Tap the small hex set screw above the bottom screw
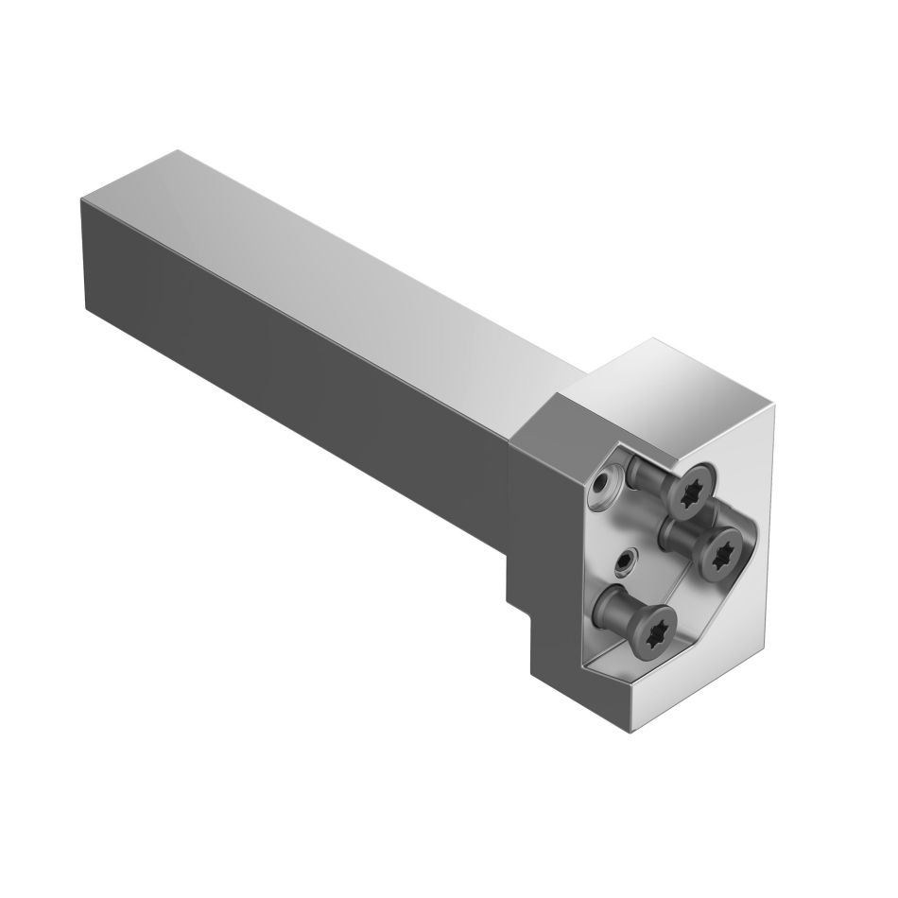[x=625, y=562]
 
